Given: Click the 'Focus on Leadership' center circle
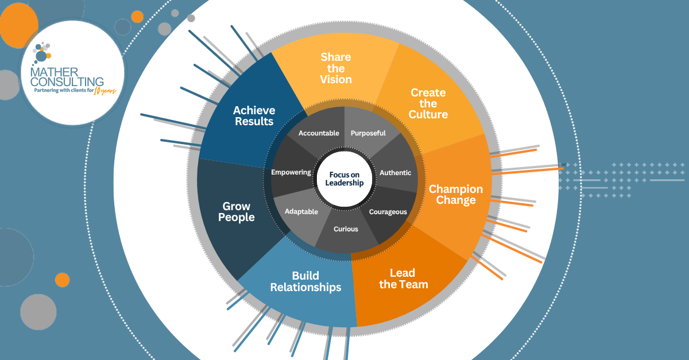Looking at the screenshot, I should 344,179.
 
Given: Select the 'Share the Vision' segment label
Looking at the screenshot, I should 336,68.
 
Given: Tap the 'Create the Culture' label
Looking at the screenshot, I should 428,103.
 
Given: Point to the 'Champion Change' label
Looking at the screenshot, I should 456,195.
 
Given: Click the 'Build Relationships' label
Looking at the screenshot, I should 305,281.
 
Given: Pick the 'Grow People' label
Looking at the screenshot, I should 237,212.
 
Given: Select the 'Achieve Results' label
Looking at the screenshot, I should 254,115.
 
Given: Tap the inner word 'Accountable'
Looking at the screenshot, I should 319,133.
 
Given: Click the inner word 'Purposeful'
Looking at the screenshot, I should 368,133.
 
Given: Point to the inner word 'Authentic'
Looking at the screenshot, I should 396,172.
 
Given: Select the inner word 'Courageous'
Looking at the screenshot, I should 388,212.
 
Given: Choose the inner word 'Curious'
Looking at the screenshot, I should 346,229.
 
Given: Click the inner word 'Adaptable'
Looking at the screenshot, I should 301,211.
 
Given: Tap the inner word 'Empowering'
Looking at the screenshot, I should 291,172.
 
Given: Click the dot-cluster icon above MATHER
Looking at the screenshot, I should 41,53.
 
